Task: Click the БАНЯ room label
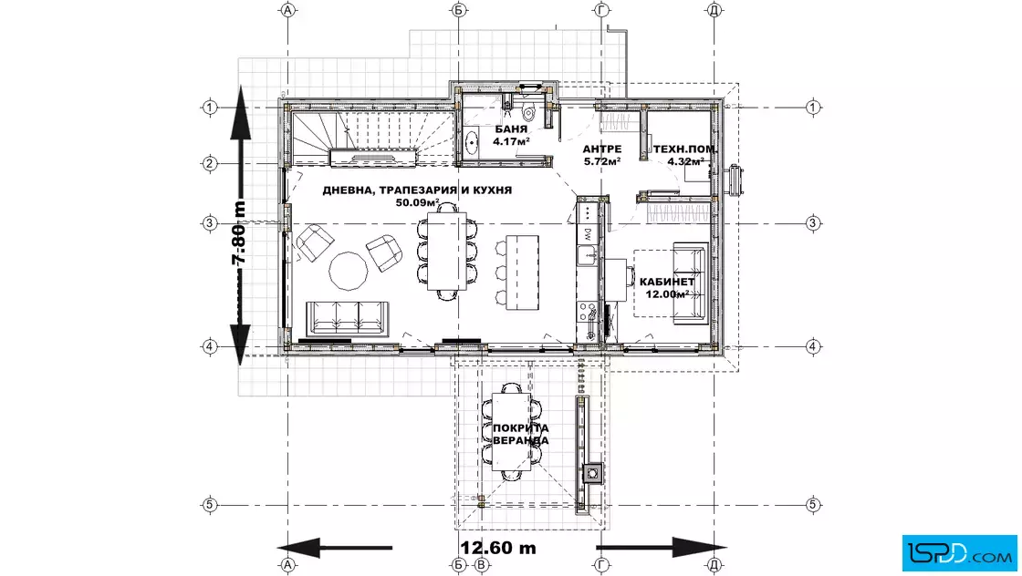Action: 511,129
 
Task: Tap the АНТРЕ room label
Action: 601,149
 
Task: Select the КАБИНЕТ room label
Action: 667,282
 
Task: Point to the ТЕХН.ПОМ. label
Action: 685,149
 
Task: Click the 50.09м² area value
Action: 417,202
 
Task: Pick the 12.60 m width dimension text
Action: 498,548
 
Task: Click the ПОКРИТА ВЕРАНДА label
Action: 520,434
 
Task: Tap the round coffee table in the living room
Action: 349,271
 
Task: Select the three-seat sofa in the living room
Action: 348,318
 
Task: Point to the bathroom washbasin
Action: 471,140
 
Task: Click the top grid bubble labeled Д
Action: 714,10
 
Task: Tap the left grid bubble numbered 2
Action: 209,163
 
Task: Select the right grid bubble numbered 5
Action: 812,504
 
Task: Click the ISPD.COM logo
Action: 959,553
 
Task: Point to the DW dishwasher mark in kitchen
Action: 588,232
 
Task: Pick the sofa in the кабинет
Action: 690,283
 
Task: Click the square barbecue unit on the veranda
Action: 592,473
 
